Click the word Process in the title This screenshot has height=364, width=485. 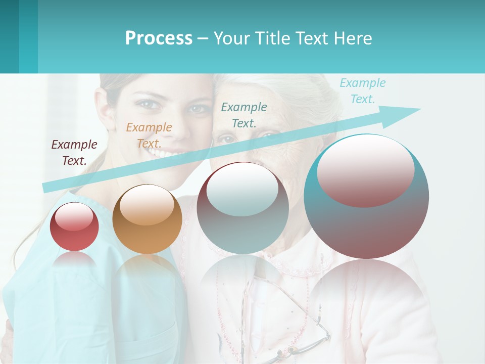[x=159, y=38]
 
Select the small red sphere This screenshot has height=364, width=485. [x=74, y=227]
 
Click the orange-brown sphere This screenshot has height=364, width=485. [x=147, y=219]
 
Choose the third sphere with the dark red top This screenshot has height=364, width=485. [x=243, y=208]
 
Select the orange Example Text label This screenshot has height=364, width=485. [x=149, y=135]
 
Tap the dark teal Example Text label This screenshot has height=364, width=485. [x=244, y=115]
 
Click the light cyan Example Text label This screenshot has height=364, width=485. [x=362, y=91]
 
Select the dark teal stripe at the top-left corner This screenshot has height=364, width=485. [x=9, y=36]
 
